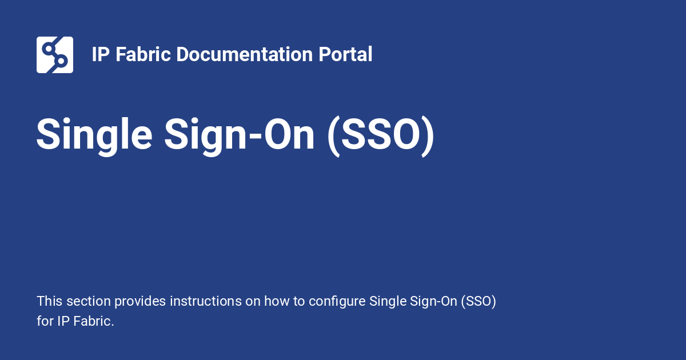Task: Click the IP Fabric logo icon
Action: [x=55, y=55]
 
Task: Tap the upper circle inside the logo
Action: [x=49, y=49]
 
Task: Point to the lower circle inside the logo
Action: [x=61, y=61]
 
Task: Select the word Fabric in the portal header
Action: [x=143, y=54]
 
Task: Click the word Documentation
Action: [x=245, y=54]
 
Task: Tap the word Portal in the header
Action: [x=345, y=54]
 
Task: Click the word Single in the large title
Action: [x=94, y=135]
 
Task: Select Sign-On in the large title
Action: [x=239, y=135]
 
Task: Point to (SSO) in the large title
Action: [x=381, y=136]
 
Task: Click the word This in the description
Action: [x=50, y=301]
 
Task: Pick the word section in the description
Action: [x=89, y=301]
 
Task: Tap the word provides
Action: [x=140, y=302]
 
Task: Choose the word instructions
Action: [x=205, y=301]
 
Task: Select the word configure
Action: [x=337, y=302]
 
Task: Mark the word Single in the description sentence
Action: [x=388, y=302]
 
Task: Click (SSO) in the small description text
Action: [x=478, y=302]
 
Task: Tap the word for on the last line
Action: [x=45, y=321]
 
